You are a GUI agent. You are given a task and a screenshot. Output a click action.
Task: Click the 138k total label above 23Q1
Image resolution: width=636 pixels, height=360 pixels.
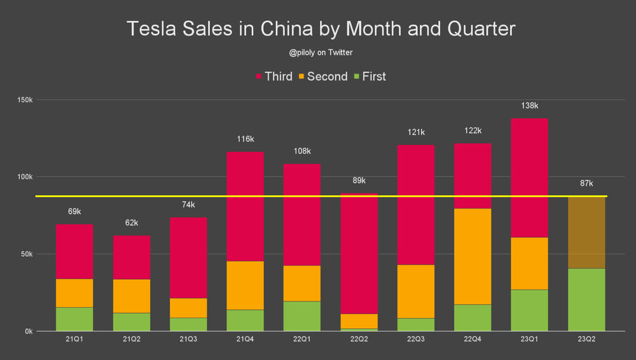(529, 106)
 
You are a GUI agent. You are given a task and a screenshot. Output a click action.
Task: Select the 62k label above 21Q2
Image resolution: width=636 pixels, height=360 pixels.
(132, 223)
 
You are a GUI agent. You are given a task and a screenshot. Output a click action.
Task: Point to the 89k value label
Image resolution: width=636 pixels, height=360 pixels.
(359, 180)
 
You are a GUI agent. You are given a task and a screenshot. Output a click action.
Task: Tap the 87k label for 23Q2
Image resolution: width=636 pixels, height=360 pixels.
(586, 183)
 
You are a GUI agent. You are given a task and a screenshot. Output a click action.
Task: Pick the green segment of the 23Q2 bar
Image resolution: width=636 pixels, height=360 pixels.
(586, 300)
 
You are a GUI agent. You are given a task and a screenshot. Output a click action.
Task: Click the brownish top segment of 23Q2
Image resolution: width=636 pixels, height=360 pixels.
(586, 233)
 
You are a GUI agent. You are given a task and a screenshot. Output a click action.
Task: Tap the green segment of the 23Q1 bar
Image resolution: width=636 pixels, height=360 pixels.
(529, 310)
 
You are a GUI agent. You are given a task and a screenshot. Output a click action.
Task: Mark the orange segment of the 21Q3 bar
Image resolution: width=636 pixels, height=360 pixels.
(188, 308)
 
